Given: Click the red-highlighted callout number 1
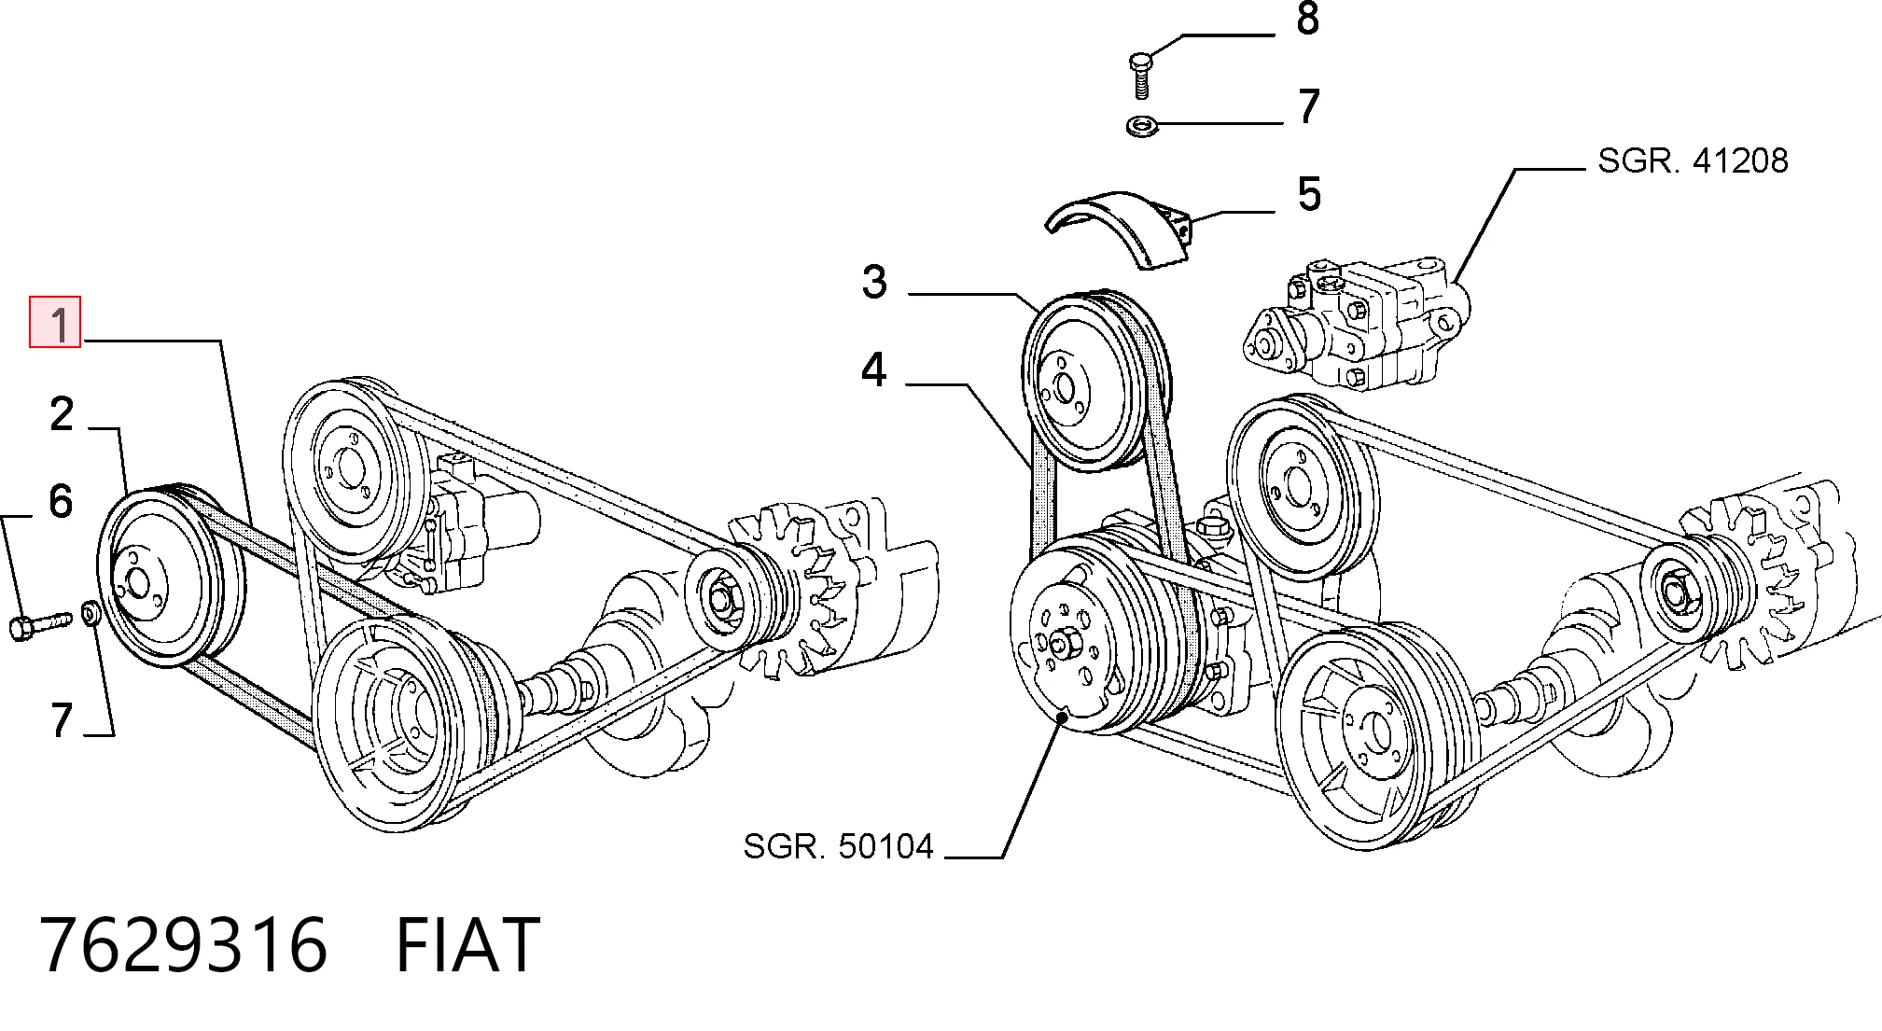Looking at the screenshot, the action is coord(56,323).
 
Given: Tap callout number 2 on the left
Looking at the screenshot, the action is coord(62,413).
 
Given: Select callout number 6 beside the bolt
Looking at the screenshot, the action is coord(61,501).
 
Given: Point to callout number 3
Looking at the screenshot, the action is coord(874,282).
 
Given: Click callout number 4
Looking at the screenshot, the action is coord(873,369).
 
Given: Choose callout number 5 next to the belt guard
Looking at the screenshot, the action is coord(1309,194).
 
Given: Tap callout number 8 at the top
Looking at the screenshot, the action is coord(1308,19).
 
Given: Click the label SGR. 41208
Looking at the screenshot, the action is coord(1693,160).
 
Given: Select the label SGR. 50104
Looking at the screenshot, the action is coord(838,846).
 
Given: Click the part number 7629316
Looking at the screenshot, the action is coord(184,945).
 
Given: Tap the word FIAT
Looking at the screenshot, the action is coord(467,945).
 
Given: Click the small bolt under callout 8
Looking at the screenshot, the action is coord(1140,76).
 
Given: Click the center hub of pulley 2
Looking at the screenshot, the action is coord(138,584).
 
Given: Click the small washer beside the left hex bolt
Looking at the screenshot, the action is coord(91,614).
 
